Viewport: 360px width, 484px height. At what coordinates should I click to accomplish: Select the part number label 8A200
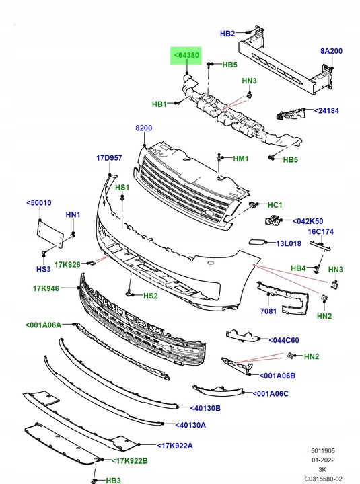click(x=331, y=51)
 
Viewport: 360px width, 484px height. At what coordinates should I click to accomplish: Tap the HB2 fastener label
click(x=228, y=34)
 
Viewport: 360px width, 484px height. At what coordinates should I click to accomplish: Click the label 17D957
click(x=109, y=158)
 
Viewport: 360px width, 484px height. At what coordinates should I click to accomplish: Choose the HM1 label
click(x=241, y=159)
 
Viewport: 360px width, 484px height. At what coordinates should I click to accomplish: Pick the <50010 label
click(x=39, y=202)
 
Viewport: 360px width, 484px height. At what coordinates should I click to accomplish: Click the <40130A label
click(x=190, y=425)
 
